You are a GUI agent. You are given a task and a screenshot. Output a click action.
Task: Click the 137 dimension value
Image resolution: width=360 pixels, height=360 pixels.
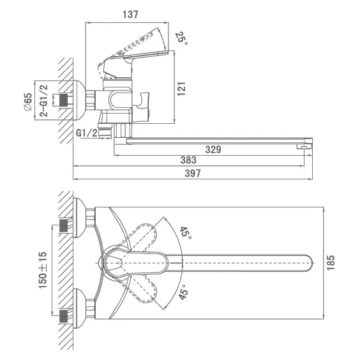[130, 15]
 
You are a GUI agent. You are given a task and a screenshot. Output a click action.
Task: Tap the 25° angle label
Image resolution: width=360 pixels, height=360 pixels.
[182, 38]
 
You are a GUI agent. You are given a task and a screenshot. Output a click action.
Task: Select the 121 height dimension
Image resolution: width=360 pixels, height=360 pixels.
[181, 89]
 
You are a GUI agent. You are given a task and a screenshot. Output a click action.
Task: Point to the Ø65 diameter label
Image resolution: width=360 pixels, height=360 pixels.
[28, 102]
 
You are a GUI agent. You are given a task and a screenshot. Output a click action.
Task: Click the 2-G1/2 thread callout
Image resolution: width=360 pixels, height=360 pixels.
[43, 101]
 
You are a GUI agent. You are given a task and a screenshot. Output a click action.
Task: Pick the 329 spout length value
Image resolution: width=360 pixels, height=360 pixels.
[213, 149]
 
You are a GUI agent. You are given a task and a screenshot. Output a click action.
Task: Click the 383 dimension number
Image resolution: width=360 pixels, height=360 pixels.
[188, 160]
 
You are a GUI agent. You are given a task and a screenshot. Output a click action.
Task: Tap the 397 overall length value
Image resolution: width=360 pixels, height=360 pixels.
[193, 174]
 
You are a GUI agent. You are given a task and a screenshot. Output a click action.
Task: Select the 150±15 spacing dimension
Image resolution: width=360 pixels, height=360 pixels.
[43, 270]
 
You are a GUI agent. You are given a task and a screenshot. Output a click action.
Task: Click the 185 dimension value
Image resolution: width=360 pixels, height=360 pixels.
[331, 262]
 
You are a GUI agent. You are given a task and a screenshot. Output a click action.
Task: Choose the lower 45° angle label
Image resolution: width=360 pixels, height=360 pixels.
[184, 292]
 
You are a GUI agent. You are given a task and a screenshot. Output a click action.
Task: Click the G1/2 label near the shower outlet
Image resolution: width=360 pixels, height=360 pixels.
[87, 133]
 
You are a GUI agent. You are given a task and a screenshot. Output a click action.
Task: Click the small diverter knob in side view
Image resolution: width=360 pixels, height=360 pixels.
[142, 105]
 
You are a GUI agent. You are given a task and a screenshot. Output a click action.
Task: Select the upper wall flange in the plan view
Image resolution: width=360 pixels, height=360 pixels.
[79, 218]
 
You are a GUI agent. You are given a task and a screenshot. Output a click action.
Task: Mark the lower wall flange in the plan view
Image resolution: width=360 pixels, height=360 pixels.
[79, 308]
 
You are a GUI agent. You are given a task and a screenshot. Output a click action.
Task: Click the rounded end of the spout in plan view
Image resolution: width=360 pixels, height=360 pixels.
[309, 263]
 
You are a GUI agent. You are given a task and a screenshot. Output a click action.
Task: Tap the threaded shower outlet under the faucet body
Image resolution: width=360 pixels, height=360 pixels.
[105, 130]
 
